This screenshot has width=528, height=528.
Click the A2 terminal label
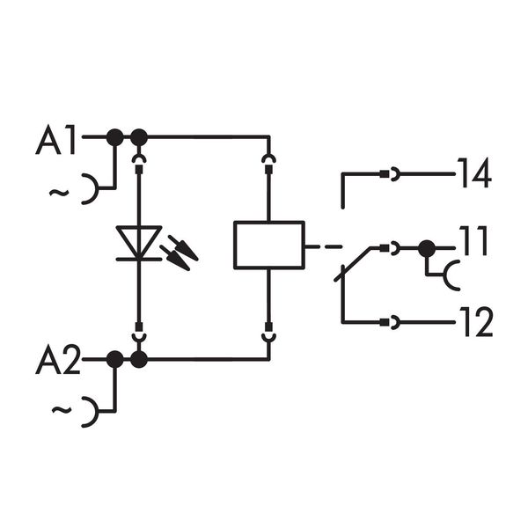click(57, 361)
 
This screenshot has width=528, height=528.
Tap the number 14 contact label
click(473, 174)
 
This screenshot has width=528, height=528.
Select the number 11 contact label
click(473, 242)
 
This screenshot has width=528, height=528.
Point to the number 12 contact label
click(473, 323)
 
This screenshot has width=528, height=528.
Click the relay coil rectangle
click(268, 244)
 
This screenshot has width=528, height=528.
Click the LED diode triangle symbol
click(138, 242)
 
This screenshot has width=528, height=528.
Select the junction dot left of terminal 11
click(427, 249)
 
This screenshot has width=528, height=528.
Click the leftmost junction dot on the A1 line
click(114, 136)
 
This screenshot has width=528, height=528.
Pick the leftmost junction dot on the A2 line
click(114, 359)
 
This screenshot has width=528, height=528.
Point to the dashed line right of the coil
click(326, 246)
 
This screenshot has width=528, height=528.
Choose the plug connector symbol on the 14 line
click(390, 175)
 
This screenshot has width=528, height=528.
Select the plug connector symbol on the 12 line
click(390, 323)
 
